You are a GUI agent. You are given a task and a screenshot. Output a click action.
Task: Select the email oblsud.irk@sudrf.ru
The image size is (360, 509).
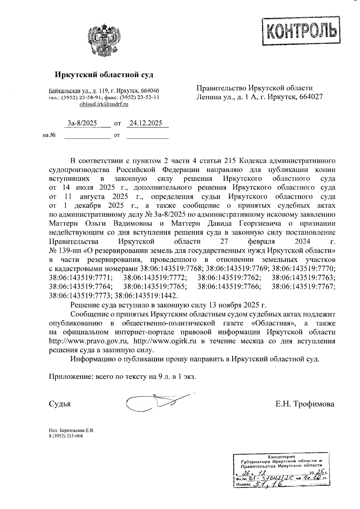tap(104, 104)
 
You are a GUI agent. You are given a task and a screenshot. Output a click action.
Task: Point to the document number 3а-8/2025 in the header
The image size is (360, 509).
tap(82, 123)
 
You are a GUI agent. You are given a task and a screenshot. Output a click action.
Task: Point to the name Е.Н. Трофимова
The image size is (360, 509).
tap(305, 404)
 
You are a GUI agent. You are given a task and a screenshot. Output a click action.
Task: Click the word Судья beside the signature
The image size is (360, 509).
tap(60, 404)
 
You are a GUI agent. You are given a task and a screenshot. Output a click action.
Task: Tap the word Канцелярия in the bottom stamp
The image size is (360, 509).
tap(281, 457)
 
